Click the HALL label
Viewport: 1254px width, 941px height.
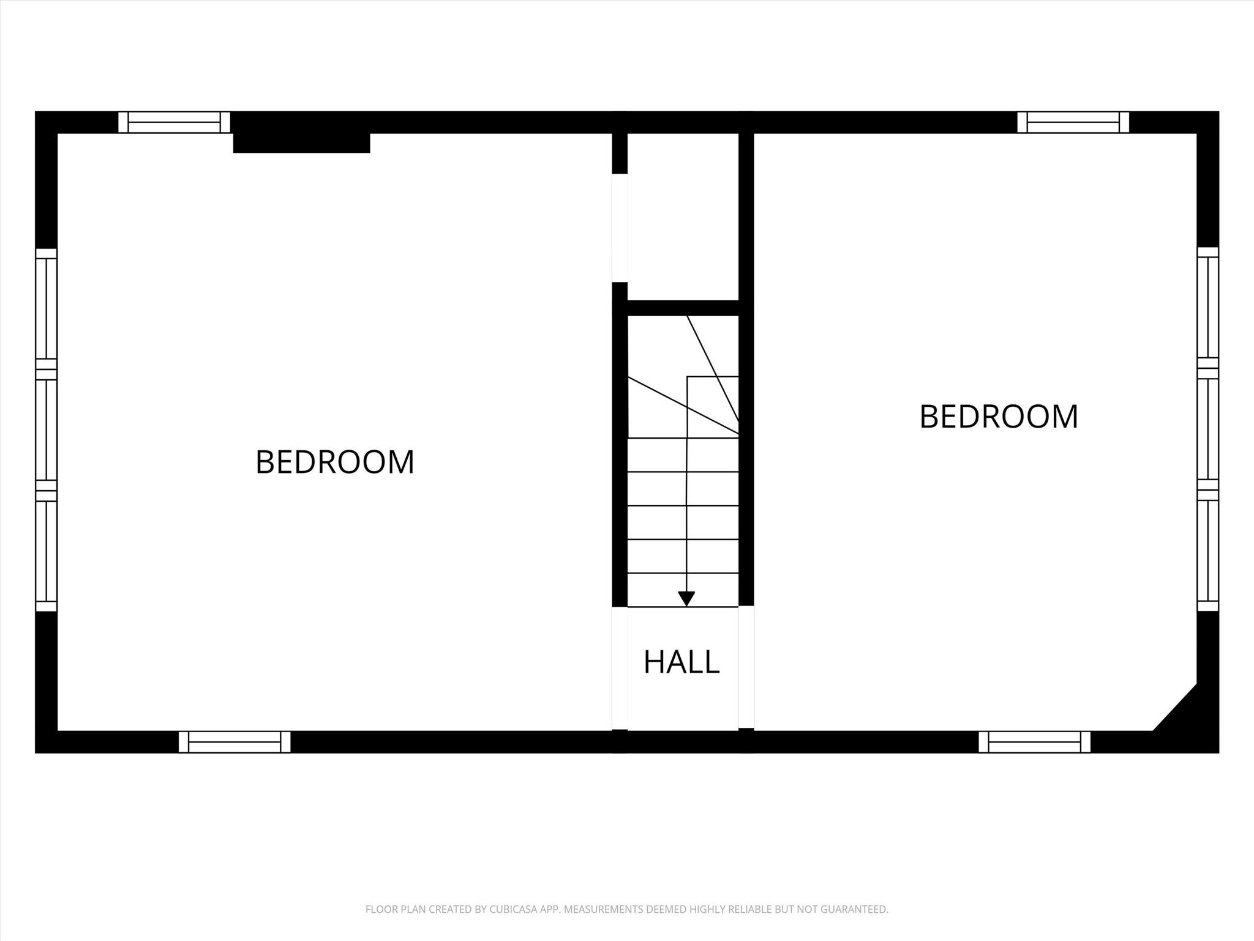681,662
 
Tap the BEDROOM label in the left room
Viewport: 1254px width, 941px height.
335,462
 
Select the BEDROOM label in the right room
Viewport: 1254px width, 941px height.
999,417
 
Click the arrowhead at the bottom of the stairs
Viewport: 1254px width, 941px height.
686,598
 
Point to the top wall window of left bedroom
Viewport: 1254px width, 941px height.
175,122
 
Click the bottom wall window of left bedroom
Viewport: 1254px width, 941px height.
235,742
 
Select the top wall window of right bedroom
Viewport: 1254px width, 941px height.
1073,122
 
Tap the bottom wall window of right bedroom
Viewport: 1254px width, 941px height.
1034,742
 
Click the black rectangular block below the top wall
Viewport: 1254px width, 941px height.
301,143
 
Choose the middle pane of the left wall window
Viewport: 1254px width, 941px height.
46,430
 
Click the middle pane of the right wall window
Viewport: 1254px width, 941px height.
1207,429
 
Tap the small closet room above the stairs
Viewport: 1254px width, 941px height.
683,216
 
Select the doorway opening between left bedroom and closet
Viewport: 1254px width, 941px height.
620,228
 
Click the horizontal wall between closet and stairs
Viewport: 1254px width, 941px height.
683,308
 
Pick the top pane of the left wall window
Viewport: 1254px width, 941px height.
46,308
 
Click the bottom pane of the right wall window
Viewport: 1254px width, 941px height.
1207,551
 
